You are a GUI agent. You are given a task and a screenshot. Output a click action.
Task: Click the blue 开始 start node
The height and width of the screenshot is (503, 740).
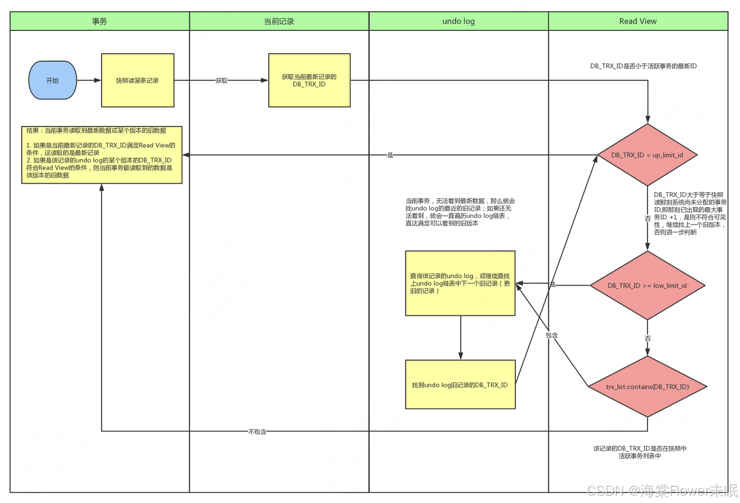click(52, 81)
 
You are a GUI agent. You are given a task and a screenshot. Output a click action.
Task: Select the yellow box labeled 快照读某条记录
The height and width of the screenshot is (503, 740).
click(137, 81)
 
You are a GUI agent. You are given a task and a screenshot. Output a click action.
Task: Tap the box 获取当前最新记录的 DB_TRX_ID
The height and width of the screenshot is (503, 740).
click(309, 81)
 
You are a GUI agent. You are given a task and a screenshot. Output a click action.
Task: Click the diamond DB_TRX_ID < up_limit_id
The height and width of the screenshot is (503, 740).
click(647, 155)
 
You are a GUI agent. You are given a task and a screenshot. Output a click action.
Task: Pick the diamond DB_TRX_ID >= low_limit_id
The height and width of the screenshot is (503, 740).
click(647, 286)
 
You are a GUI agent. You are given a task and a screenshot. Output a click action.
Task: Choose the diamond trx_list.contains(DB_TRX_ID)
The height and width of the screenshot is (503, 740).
click(647, 386)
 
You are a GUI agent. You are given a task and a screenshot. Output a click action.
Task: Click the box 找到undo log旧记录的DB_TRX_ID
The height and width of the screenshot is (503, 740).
click(460, 385)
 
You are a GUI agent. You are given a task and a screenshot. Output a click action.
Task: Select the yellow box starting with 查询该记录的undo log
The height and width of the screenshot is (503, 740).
click(460, 283)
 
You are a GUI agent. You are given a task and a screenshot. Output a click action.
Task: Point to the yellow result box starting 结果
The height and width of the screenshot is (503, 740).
click(101, 155)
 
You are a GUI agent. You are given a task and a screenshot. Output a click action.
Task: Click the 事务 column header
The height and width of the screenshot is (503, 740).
click(100, 21)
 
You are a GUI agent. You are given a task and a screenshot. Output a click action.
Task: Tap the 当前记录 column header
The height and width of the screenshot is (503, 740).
click(279, 21)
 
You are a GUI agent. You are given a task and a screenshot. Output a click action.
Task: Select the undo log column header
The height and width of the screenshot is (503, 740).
click(459, 21)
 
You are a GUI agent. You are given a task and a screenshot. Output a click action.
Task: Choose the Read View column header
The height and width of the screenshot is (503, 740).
click(638, 21)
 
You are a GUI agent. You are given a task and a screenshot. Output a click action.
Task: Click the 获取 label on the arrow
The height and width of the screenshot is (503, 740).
click(221, 81)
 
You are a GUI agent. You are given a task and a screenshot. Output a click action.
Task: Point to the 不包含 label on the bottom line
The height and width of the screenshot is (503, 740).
click(257, 432)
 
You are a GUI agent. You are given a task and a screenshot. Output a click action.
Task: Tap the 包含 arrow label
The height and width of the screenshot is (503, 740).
click(552, 336)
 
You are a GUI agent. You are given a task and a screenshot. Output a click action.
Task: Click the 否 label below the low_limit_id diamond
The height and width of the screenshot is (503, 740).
click(647, 338)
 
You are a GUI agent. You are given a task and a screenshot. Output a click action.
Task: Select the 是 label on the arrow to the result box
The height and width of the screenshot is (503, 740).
click(390, 155)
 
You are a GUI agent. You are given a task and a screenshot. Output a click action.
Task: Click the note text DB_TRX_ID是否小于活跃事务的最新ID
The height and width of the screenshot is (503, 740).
click(643, 66)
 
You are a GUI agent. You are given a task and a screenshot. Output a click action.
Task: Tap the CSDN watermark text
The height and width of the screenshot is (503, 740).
click(662, 491)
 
